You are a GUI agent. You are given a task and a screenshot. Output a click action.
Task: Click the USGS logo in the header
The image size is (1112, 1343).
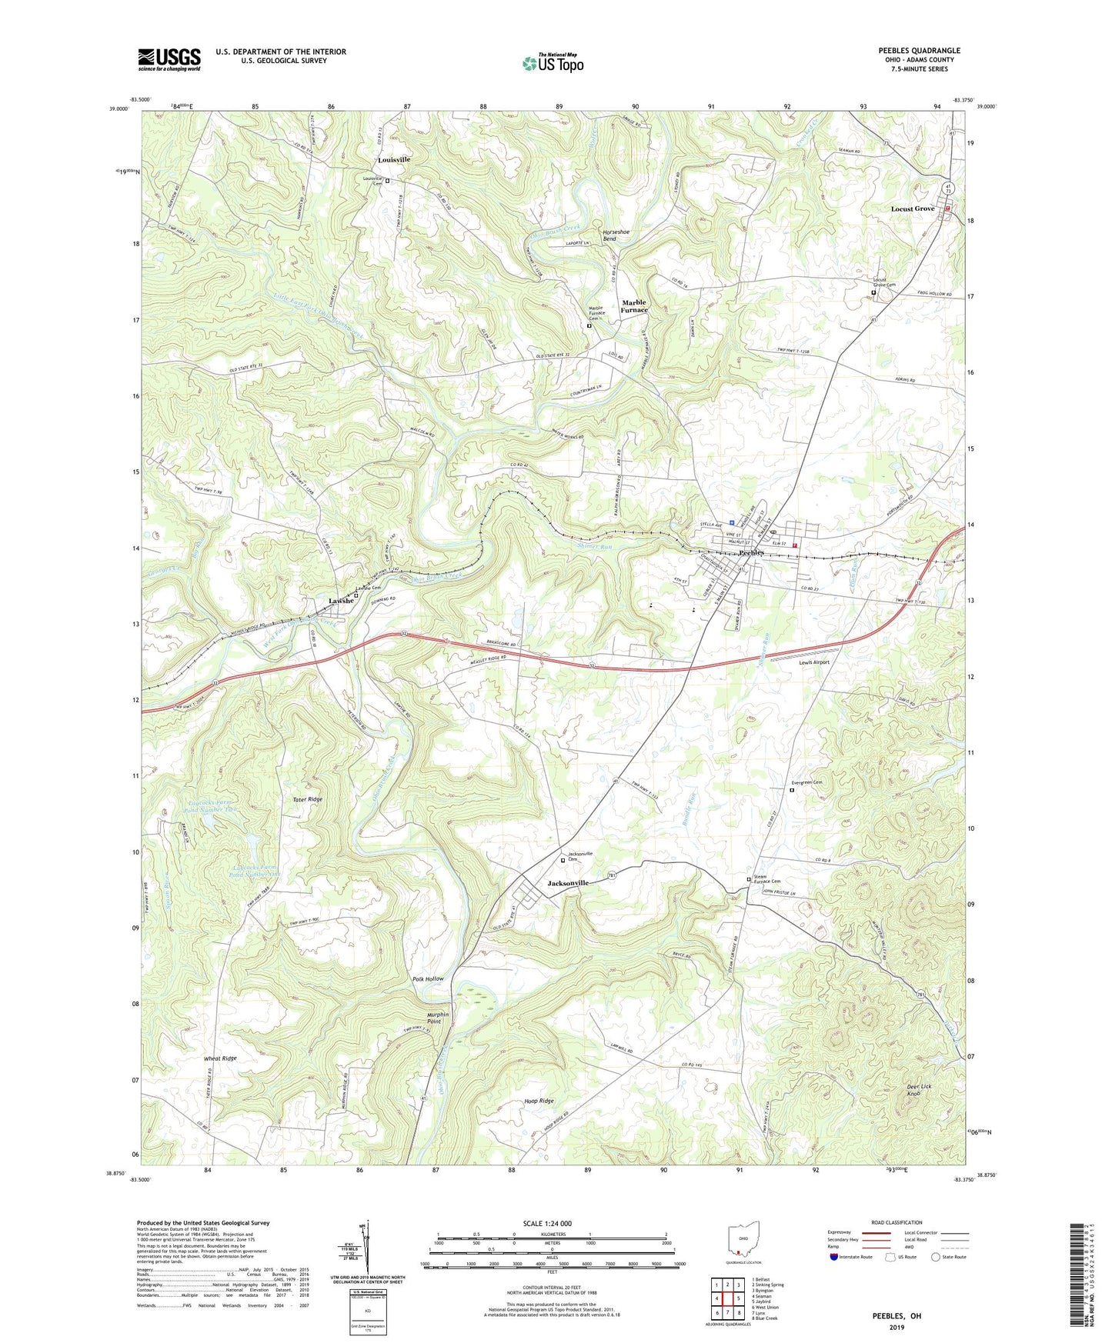point(169,59)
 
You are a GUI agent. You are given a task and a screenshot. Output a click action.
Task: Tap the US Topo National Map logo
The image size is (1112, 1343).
point(552,63)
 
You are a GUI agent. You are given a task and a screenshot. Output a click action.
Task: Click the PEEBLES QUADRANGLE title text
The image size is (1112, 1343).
point(919,51)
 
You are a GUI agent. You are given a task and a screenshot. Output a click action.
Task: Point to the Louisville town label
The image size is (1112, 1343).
point(394,159)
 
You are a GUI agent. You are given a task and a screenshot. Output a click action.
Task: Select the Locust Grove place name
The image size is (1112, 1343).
point(912,209)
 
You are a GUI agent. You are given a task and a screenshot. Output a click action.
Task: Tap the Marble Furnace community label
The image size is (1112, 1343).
point(634,306)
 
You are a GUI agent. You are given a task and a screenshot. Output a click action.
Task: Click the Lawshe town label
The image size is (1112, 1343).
point(342,601)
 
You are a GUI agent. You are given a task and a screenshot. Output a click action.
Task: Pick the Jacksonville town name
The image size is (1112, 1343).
point(568,883)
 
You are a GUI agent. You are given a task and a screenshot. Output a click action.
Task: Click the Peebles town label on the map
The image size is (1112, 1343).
point(750,552)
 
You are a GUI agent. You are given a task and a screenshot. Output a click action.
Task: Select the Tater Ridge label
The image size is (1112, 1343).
point(307,800)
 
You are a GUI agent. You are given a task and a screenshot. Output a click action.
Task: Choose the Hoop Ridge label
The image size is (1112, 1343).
point(538,1101)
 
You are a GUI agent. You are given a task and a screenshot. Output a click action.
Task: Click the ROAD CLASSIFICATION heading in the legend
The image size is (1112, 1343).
point(897,1222)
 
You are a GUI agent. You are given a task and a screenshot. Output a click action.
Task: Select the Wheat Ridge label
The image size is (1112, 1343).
point(220,1058)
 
